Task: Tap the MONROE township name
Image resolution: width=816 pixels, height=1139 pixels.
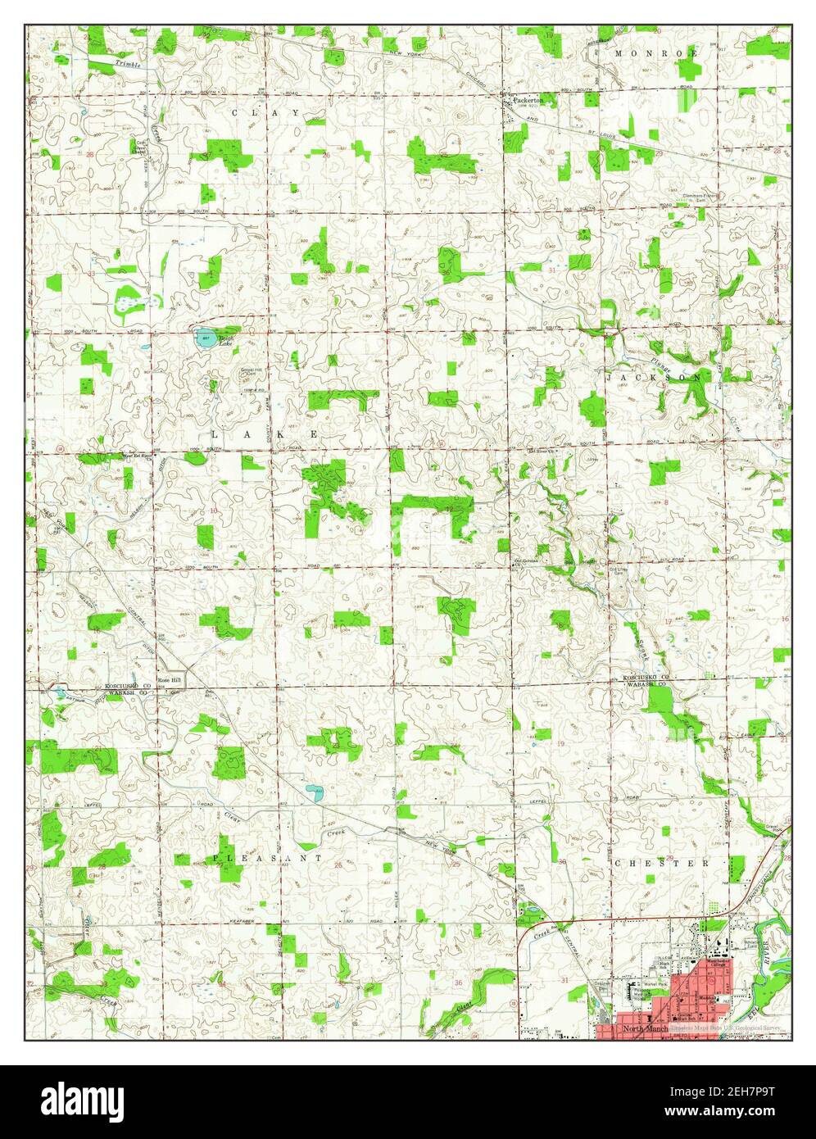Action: pyautogui.click(x=656, y=52)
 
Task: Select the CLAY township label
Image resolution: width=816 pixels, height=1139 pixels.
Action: pyautogui.click(x=254, y=111)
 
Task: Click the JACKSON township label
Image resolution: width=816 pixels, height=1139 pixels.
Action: pyautogui.click(x=656, y=378)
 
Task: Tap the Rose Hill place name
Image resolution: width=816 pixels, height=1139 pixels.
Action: pyautogui.click(x=170, y=680)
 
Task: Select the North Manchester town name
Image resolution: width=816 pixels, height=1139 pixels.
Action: pyautogui.click(x=645, y=1028)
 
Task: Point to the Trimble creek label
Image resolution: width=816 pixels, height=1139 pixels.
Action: pyautogui.click(x=128, y=63)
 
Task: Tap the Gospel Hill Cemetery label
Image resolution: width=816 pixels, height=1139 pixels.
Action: pyautogui.click(x=222, y=370)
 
